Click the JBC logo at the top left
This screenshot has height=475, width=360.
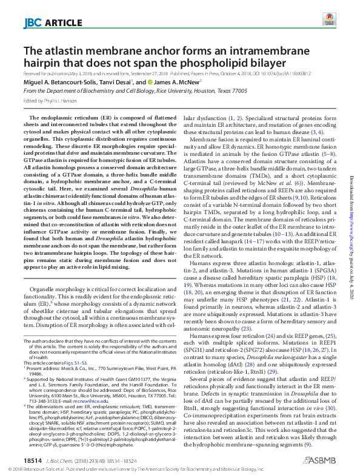(32, 23)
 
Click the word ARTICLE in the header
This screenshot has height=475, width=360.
(62, 24)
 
